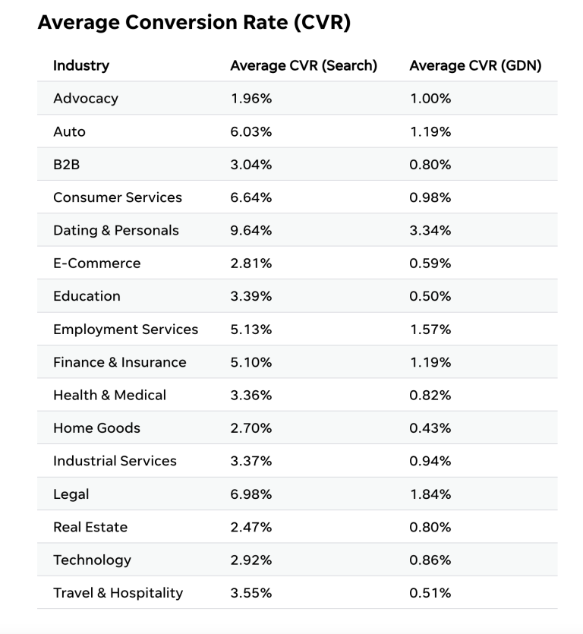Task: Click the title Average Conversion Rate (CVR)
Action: pos(194,24)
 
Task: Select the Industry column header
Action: pos(81,65)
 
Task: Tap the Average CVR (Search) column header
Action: pos(304,65)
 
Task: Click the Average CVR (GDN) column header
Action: pos(475,65)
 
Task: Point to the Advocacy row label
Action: pos(86,99)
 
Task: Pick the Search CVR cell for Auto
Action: pos(251,131)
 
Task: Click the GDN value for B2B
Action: pos(430,165)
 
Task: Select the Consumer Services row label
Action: pos(118,197)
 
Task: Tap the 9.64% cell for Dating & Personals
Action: pos(251,230)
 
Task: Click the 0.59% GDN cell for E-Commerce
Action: pos(430,263)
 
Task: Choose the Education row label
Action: pos(87,296)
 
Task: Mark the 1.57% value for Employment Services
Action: pos(430,330)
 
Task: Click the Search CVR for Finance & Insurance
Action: pos(251,362)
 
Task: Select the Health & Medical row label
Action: pos(109,395)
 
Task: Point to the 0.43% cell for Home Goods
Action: pos(430,428)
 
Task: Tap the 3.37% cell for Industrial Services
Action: pos(251,461)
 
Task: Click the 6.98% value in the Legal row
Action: pos(251,494)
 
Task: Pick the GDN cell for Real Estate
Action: pos(430,527)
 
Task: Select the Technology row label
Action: pos(92,560)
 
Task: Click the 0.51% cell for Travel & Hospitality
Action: pos(430,593)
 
